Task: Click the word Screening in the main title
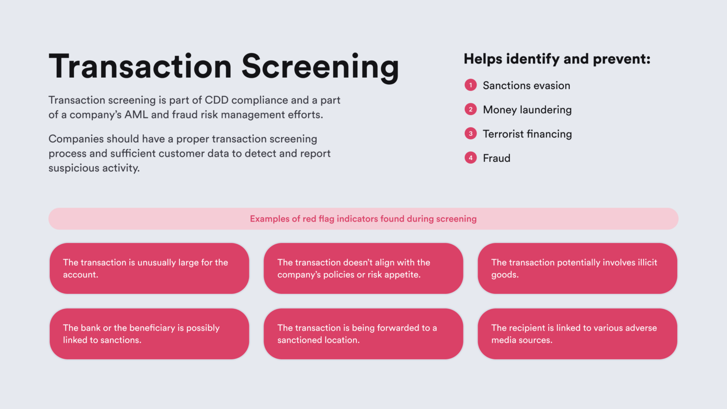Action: (320, 67)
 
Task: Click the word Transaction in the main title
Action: (140, 67)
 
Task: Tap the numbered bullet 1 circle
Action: (470, 85)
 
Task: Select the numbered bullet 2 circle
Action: (470, 109)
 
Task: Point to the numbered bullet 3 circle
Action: (470, 133)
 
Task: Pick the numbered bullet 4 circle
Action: (470, 158)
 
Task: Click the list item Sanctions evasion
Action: (526, 86)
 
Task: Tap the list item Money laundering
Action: (527, 110)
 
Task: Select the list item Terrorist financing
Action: (527, 134)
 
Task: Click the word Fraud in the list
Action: (496, 158)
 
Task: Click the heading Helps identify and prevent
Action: (557, 59)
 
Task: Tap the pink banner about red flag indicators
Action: (363, 219)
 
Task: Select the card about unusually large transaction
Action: (149, 268)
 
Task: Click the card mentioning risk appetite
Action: (363, 268)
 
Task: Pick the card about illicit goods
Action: (577, 268)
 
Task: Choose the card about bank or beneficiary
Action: (149, 334)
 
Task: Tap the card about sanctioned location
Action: (363, 334)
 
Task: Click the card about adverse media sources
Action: (577, 334)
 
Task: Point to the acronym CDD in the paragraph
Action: (216, 100)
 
